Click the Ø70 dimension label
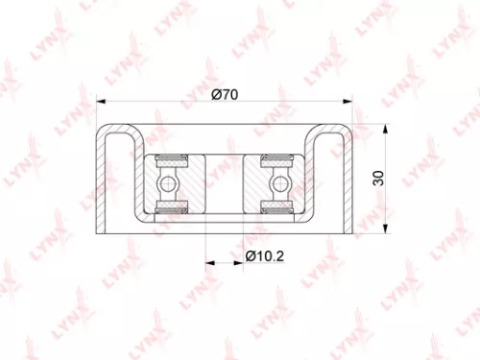pyautogui.click(x=225, y=94)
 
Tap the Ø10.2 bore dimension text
pyautogui.click(x=265, y=256)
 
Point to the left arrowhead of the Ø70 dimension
pyautogui.click(x=102, y=103)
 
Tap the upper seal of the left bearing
pyautogui.click(x=169, y=157)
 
